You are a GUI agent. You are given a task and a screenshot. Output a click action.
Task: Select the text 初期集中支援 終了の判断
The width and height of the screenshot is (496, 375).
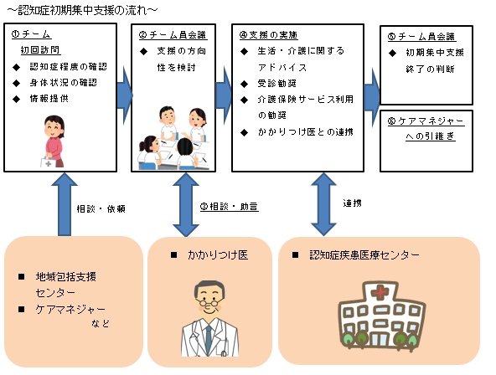(x=430, y=60)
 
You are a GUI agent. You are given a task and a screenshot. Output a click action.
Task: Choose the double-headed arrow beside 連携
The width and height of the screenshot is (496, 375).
(x=322, y=205)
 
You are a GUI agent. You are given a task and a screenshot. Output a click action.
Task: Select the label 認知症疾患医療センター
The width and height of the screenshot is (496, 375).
(x=361, y=254)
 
